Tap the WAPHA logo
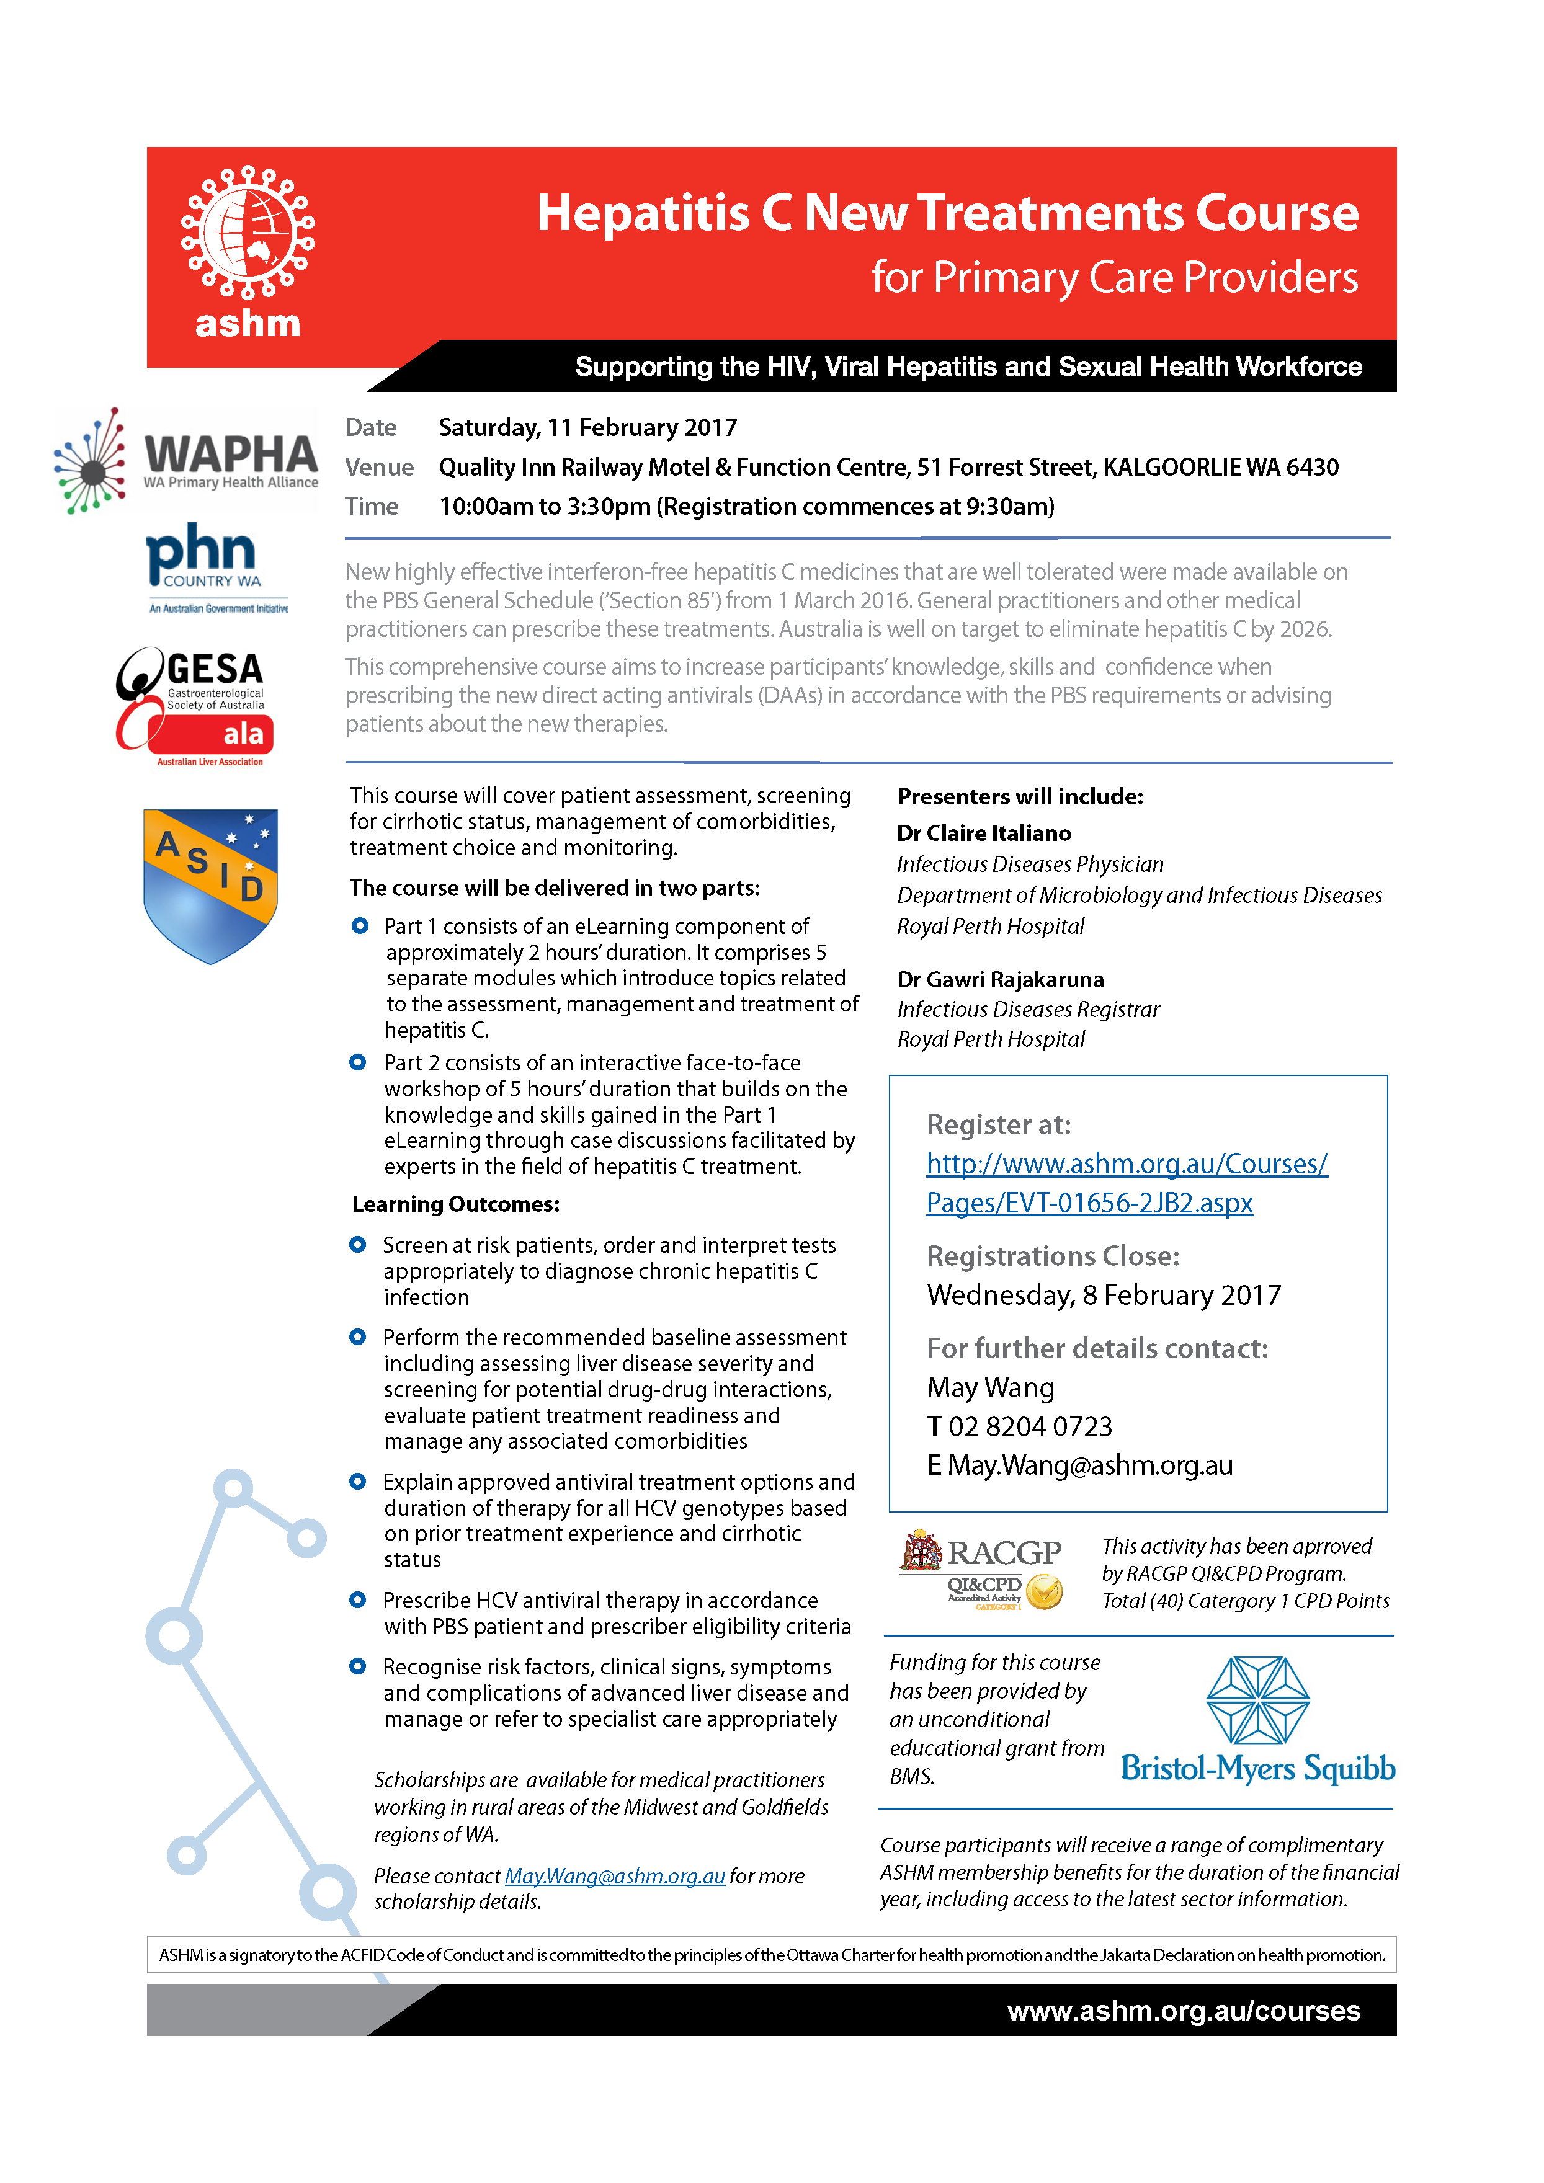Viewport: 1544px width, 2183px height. [186, 460]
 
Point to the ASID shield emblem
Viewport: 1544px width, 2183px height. [210, 884]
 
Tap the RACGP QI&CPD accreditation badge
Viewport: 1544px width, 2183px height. [981, 1570]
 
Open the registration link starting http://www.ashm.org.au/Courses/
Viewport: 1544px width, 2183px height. [1126, 1164]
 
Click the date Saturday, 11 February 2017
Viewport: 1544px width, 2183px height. [587, 428]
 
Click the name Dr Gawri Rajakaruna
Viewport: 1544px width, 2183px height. [1000, 979]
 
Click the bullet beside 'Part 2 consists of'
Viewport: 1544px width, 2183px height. [357, 1062]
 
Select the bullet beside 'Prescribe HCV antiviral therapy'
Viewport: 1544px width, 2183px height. [357, 1600]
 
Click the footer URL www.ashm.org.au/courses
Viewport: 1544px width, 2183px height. [1183, 2011]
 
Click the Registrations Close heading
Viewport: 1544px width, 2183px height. [1053, 1256]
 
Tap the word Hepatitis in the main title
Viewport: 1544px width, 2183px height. [644, 213]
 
